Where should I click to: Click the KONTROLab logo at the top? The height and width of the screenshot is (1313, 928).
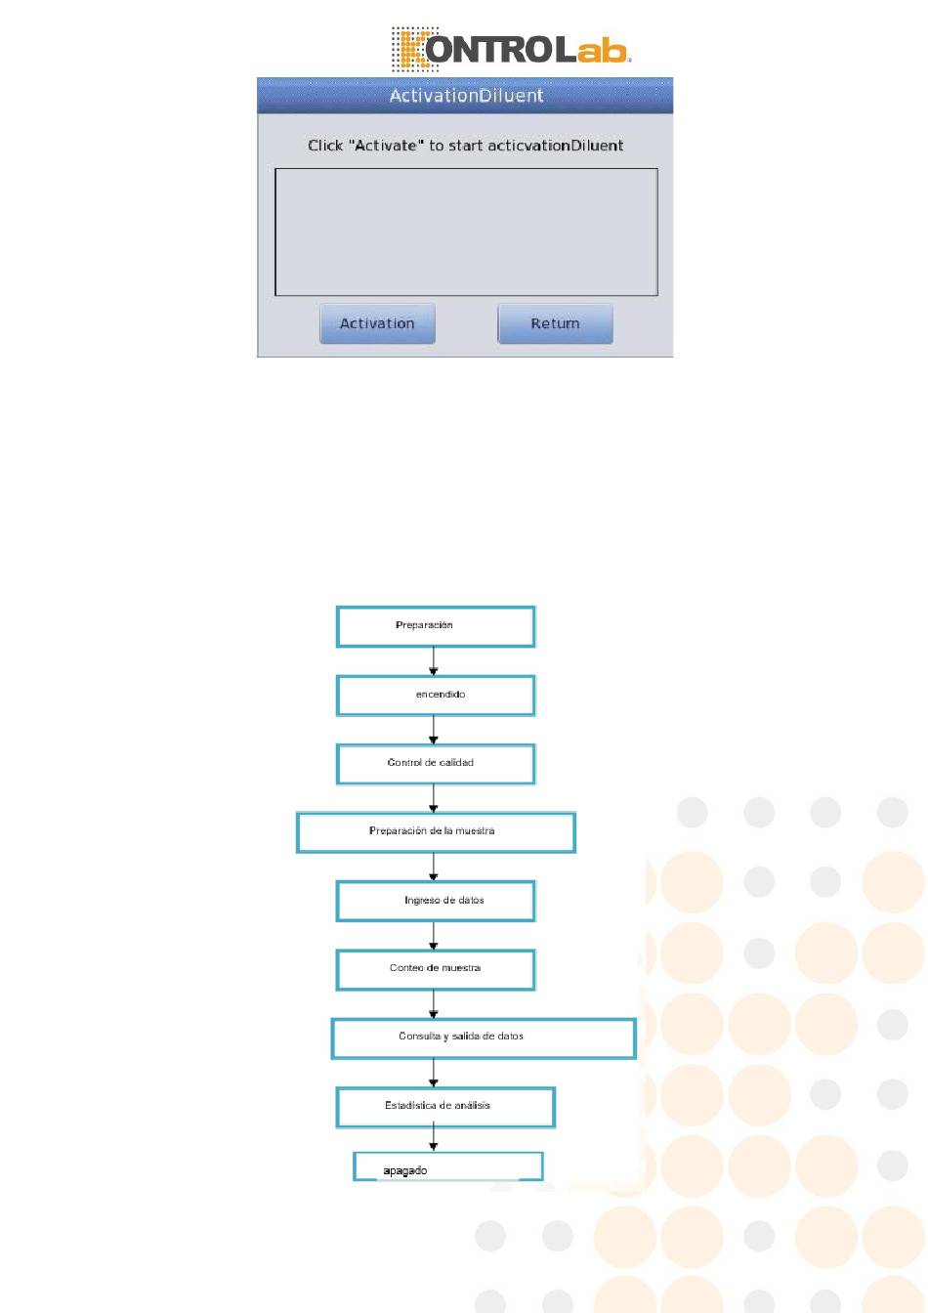[x=512, y=49]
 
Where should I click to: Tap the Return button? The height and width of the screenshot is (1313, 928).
[x=555, y=323]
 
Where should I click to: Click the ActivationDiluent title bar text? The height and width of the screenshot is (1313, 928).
[x=466, y=96]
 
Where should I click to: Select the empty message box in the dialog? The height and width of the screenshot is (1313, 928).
[x=466, y=232]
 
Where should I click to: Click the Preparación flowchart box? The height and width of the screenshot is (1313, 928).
[x=436, y=626]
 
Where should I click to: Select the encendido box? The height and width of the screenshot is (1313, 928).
[x=436, y=695]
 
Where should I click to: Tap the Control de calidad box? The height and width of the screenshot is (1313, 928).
[x=436, y=763]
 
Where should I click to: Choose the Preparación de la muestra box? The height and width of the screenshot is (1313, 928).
[x=436, y=832]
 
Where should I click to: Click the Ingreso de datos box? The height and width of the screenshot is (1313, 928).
[x=436, y=901]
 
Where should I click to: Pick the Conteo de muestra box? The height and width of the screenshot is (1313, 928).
[x=436, y=969]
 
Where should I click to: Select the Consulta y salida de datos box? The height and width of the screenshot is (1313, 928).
[x=484, y=1038]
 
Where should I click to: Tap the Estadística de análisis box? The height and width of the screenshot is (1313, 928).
[x=445, y=1107]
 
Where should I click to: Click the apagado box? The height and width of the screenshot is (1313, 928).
[x=447, y=1166]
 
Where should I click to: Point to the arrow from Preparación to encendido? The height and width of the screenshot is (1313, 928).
[x=434, y=661]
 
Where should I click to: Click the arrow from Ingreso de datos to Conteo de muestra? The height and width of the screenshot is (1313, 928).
[x=434, y=936]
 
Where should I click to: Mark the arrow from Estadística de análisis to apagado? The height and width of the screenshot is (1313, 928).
[x=434, y=1140]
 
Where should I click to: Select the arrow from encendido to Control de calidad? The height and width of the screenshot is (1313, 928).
[x=434, y=730]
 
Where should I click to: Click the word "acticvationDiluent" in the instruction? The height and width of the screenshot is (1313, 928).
[x=555, y=146]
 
